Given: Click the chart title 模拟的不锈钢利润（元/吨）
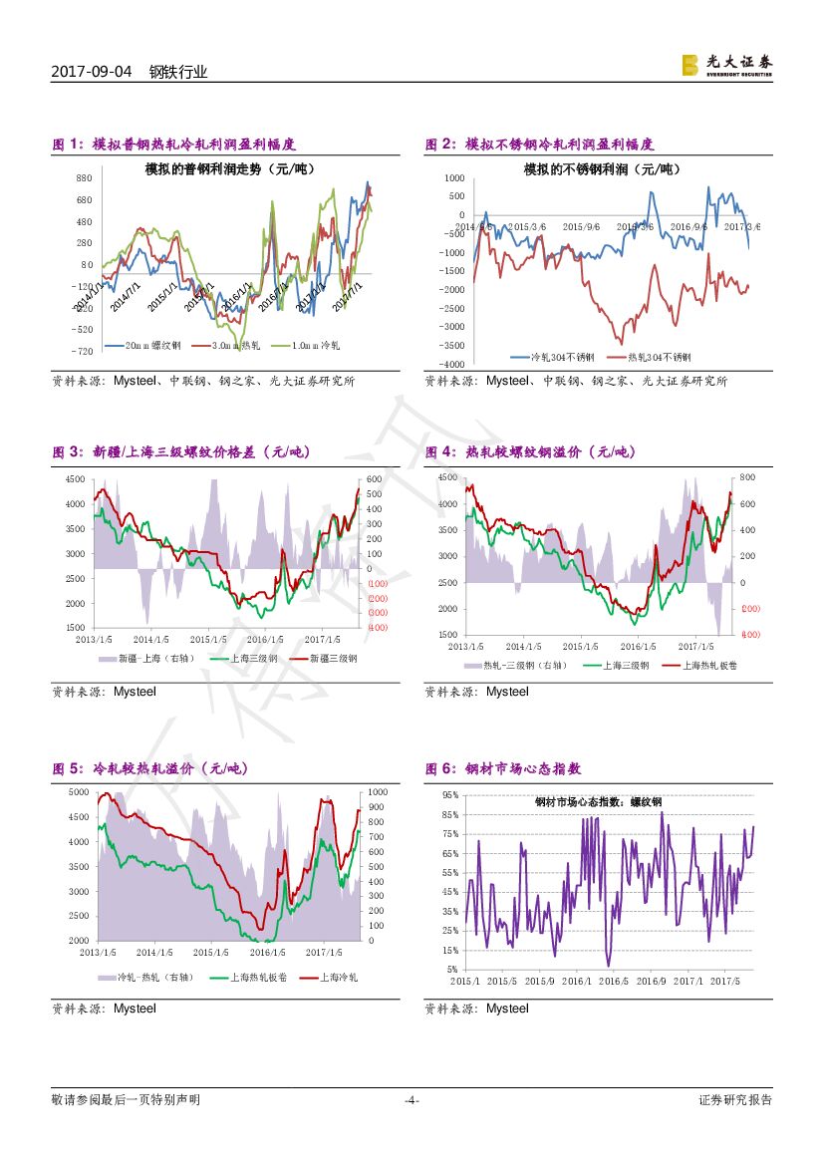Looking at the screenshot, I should tap(602, 169).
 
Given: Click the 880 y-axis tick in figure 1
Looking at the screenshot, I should tap(84, 177).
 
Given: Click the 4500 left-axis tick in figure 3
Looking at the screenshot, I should tap(75, 479).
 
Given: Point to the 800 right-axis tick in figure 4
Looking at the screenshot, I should tap(747, 478).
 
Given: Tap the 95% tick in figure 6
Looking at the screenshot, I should tap(450, 795).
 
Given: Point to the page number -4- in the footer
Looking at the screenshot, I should tap(412, 1100).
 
